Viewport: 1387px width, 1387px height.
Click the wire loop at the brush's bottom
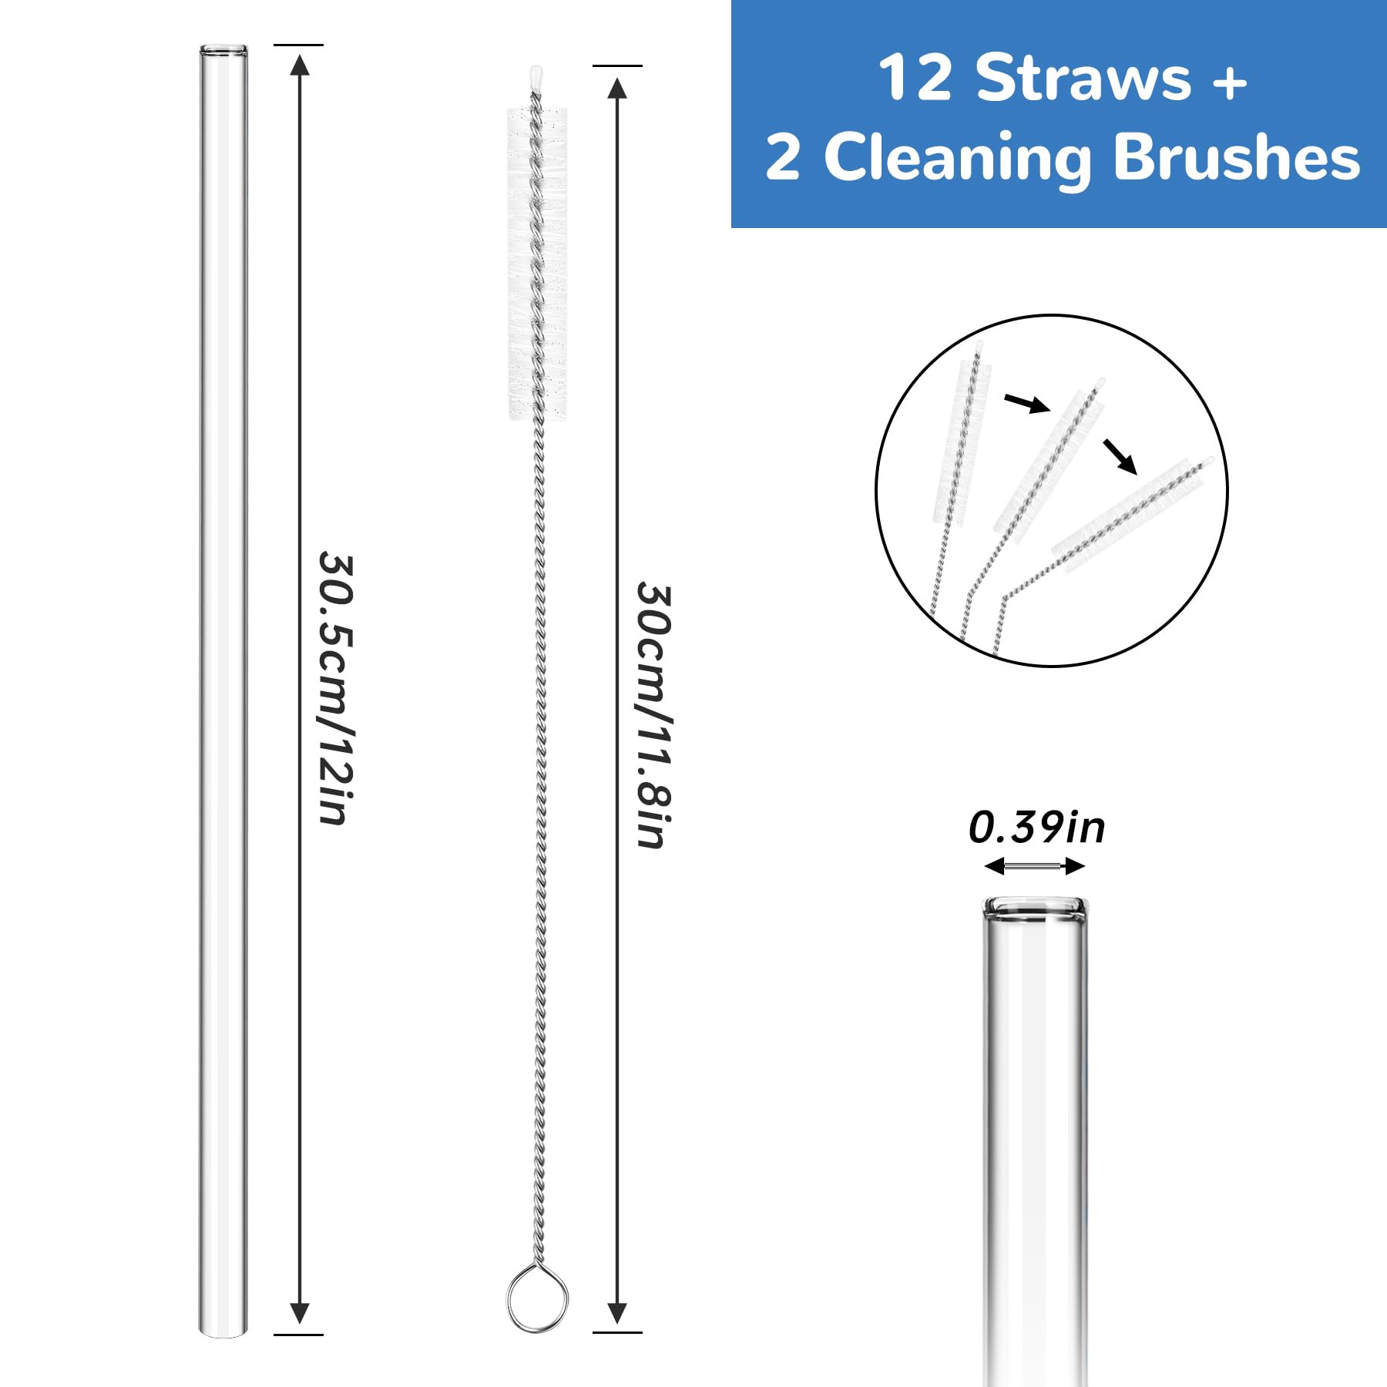point(537,1299)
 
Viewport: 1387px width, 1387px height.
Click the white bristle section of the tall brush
point(537,262)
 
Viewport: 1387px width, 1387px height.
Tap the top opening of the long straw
point(224,52)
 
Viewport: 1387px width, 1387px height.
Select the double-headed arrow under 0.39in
point(1035,867)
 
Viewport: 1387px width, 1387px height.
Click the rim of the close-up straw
point(1036,906)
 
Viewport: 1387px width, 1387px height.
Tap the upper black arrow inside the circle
point(1027,403)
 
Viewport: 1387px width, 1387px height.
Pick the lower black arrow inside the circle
point(1120,455)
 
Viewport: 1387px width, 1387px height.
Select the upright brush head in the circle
point(962,439)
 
